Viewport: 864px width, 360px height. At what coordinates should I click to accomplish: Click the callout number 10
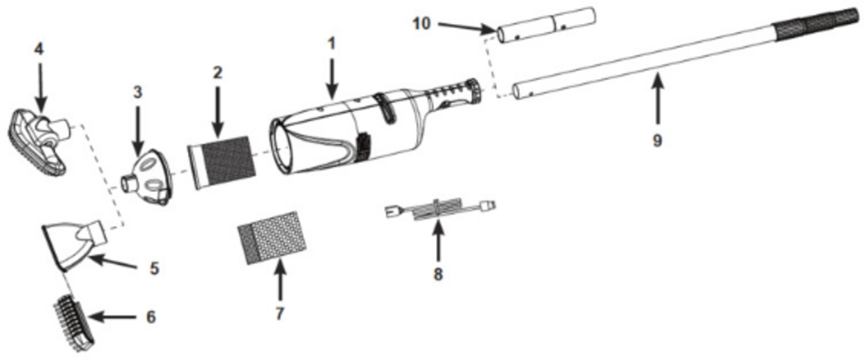tap(421, 24)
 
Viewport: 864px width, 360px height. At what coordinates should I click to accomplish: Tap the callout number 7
tap(279, 313)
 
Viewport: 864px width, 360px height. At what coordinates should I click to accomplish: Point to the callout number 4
tap(39, 49)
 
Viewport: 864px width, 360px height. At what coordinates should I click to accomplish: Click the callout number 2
tap(218, 72)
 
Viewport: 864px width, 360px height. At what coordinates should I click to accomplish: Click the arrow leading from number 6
tap(112, 317)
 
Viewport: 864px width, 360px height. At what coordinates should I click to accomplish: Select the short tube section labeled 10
tap(547, 25)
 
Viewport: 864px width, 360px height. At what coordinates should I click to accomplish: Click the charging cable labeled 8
tap(440, 209)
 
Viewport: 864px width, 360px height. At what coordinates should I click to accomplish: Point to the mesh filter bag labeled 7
tap(272, 238)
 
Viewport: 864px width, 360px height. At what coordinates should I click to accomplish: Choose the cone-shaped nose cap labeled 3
tap(148, 177)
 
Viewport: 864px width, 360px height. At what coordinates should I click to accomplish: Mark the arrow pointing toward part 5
tap(113, 264)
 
